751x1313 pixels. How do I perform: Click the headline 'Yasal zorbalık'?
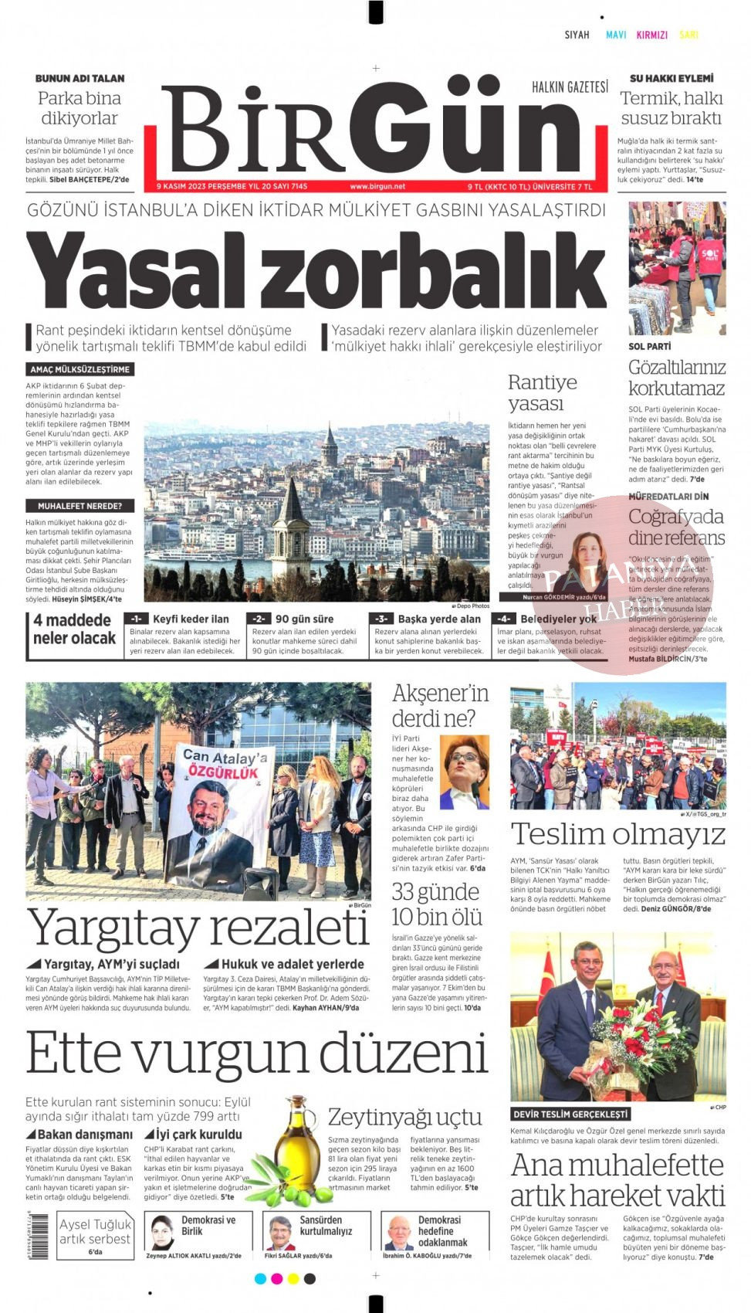(x=316, y=271)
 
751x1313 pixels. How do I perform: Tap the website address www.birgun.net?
(x=377, y=186)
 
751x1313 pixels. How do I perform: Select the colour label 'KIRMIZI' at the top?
(x=651, y=35)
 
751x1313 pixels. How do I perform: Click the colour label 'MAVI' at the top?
(x=616, y=35)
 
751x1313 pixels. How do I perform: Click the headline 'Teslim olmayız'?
(x=617, y=834)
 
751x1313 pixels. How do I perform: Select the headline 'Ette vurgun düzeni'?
(x=257, y=1053)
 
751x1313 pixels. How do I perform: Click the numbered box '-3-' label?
(x=381, y=619)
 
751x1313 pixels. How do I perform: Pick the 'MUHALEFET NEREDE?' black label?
(x=79, y=506)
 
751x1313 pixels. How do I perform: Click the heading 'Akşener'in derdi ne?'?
(x=440, y=705)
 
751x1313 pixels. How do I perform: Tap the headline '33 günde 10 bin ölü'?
(x=435, y=904)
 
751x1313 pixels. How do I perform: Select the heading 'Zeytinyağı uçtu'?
(x=404, y=1116)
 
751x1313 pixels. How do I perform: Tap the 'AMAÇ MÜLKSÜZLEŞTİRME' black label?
(x=79, y=369)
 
